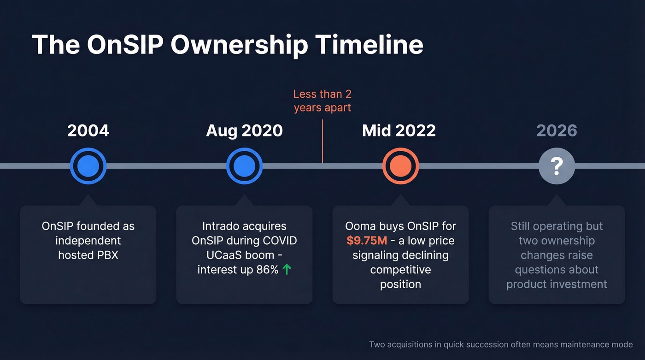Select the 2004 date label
coord(88,131)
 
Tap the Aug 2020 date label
coord(244,131)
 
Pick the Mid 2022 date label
coord(399,131)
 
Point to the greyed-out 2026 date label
coord(557,131)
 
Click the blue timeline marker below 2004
coord(88,166)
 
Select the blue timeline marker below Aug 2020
coord(244,166)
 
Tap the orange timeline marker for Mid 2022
coord(400,166)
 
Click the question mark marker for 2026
coord(557,166)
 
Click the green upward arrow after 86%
coord(287,270)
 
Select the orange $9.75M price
coord(367,241)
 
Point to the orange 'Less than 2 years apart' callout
coord(322,101)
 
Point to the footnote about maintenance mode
coord(501,345)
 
